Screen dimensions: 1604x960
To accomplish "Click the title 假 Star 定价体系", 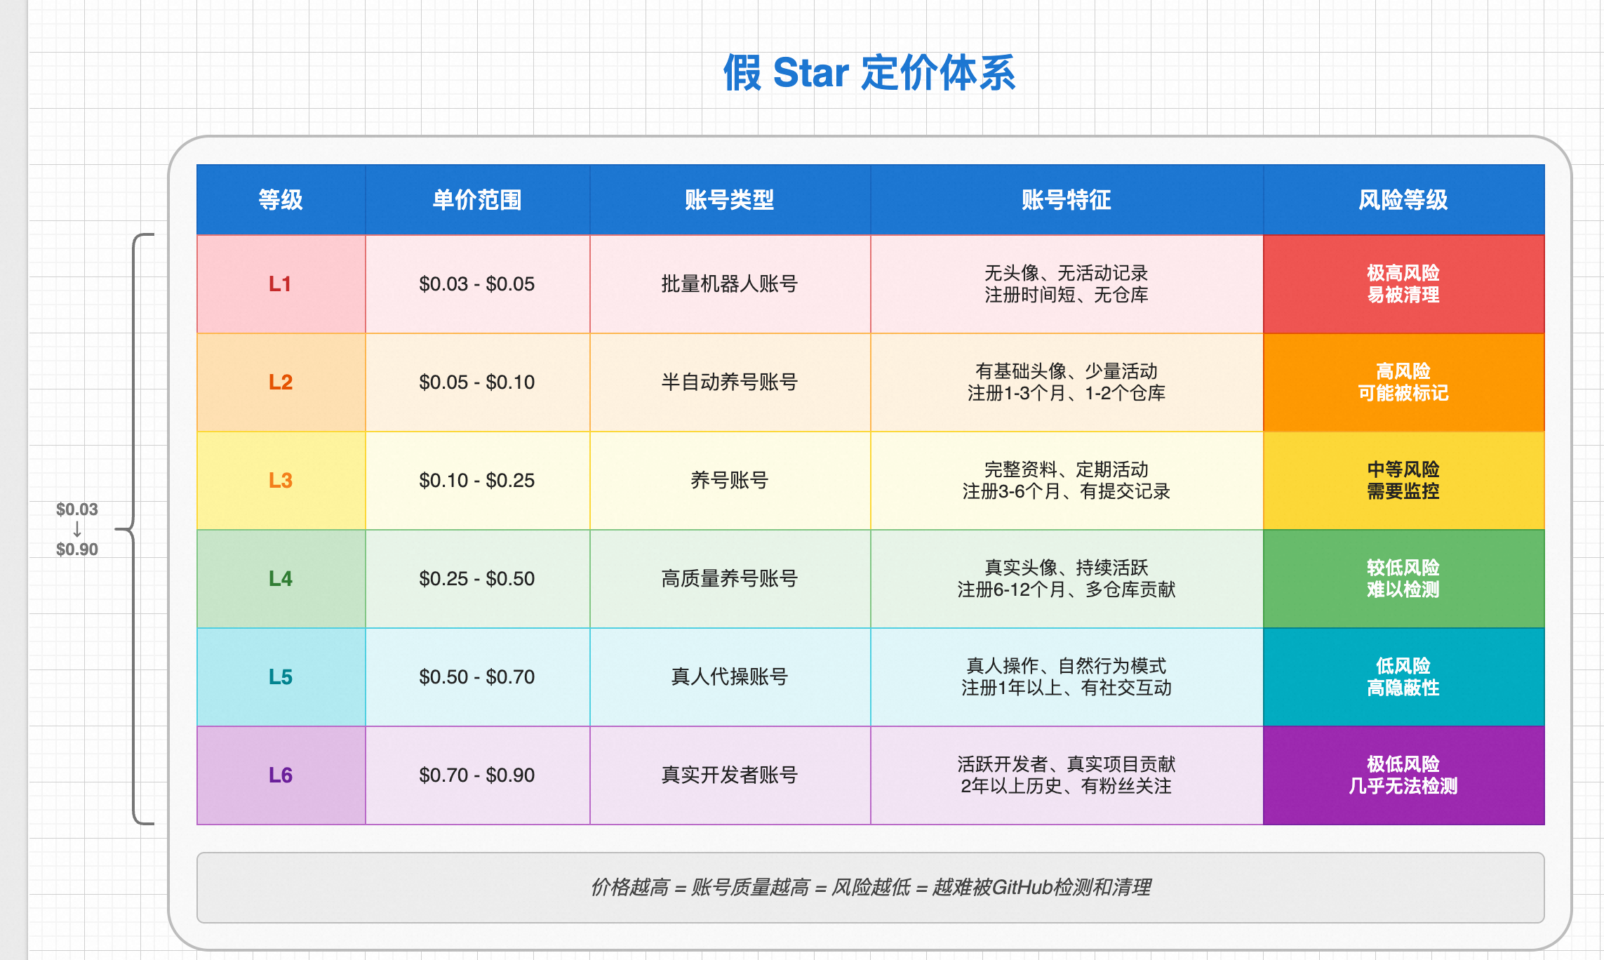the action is pos(869,73).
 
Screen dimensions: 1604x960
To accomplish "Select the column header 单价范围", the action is pos(477,200).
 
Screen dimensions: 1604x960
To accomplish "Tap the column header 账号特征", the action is pos(1067,200).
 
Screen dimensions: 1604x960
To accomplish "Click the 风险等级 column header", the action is pos(1403,200).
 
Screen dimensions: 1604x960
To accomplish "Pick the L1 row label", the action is pos(280,284).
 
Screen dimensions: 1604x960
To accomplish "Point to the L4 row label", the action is pos(281,579).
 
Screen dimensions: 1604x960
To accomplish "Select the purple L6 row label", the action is pos(281,775).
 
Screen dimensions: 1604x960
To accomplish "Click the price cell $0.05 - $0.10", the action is pos(477,382).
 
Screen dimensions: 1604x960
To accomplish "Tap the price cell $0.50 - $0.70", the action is pos(477,677).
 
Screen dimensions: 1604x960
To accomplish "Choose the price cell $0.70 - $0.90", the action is pos(477,775).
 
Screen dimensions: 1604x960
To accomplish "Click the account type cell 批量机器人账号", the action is pos(730,284).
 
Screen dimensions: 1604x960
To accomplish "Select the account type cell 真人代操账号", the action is pos(730,677).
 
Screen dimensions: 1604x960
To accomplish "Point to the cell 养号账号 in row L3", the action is pos(730,481).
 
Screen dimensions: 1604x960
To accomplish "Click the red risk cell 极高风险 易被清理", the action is pos(1403,284).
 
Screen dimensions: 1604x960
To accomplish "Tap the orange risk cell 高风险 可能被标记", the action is pos(1403,382).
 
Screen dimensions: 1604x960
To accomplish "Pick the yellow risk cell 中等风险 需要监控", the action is pos(1403,481).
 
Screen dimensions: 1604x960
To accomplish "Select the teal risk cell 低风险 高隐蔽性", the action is pos(1403,677).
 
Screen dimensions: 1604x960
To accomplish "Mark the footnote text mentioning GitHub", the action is pos(871,888).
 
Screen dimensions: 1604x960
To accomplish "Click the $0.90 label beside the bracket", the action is pos(77,549).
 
